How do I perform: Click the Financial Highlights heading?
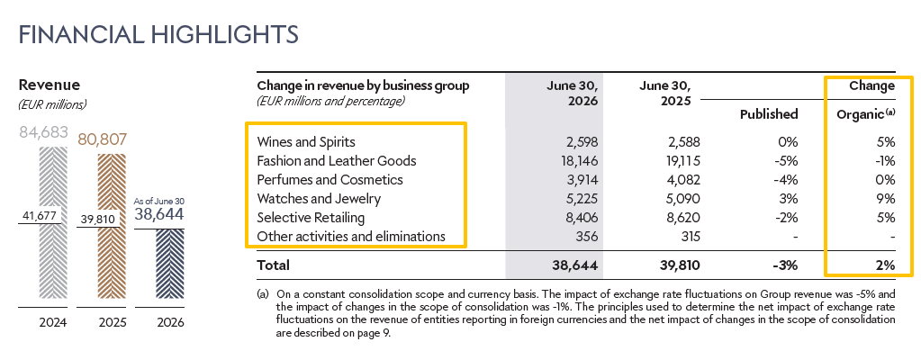pyautogui.click(x=158, y=34)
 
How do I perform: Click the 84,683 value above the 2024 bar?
pyautogui.click(x=44, y=132)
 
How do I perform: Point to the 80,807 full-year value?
pyautogui.click(x=103, y=139)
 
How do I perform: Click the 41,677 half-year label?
pyautogui.click(x=38, y=216)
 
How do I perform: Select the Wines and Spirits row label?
pyautogui.click(x=306, y=141)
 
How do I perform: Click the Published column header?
pyautogui.click(x=770, y=114)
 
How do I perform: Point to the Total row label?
pyautogui.click(x=273, y=265)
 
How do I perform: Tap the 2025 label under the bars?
pyautogui.click(x=111, y=322)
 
